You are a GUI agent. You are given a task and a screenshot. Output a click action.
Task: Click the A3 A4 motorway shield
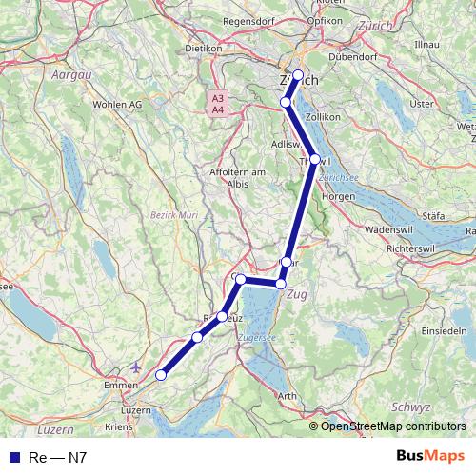218,104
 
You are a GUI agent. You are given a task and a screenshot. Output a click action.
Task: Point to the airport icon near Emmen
136,366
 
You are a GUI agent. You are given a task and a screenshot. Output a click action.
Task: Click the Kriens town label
121,426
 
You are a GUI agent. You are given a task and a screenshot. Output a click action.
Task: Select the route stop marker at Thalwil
315,160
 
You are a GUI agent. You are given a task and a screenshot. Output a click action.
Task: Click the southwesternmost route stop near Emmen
161,375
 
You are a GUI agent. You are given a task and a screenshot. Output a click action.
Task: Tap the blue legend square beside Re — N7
14,457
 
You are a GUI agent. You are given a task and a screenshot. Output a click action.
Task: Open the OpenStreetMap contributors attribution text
392,426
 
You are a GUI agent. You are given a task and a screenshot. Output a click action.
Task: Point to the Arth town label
288,396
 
